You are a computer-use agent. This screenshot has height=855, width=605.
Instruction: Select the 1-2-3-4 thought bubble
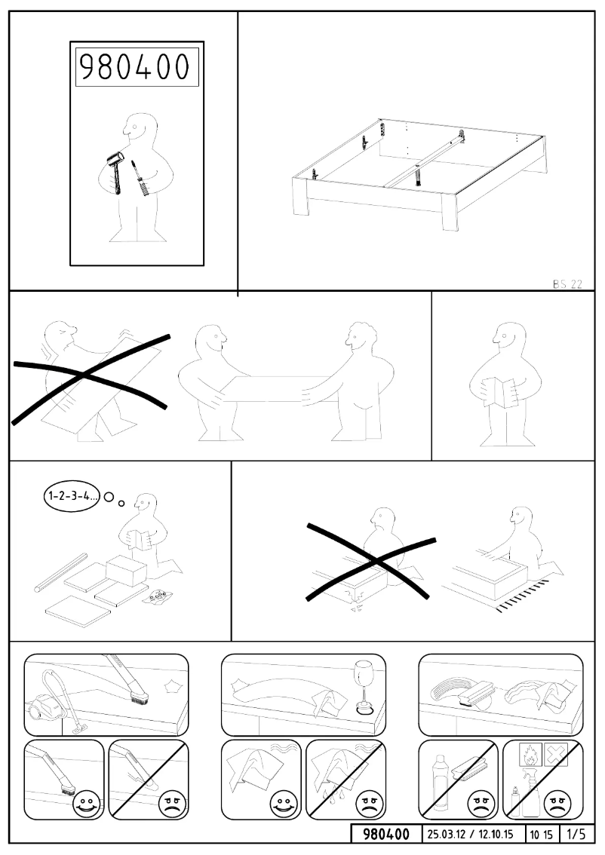70,498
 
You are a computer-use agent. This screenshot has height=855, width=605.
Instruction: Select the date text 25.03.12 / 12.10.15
471,835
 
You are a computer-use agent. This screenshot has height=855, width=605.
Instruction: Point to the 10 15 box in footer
539,835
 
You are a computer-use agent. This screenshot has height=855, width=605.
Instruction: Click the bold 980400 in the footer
386,835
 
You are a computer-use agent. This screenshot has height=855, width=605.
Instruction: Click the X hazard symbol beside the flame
555,754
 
